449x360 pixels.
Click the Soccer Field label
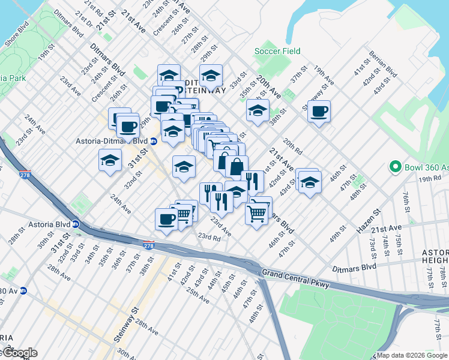pos(277,51)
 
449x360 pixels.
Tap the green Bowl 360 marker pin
pos(395,166)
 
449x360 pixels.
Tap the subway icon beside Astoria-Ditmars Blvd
pos(153,142)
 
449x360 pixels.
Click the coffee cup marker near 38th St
pos(319,111)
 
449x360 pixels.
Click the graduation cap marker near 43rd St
pos(310,181)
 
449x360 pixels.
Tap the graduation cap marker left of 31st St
pos(110,160)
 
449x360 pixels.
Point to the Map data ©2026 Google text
pos(412,355)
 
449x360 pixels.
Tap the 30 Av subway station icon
pos(23,291)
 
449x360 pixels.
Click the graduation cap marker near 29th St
pos(211,76)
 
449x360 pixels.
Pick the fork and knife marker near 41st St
pos(252,181)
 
